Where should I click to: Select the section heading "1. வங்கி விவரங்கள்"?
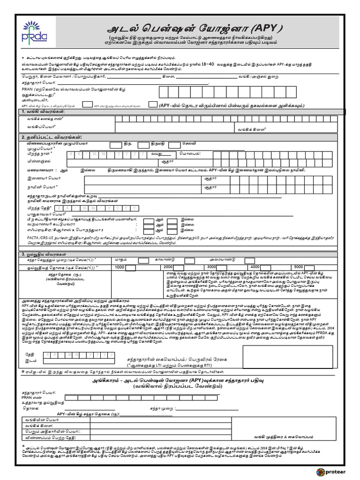point(42,112)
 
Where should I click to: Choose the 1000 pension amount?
point(120,267)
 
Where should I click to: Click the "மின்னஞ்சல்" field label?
point(38,161)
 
